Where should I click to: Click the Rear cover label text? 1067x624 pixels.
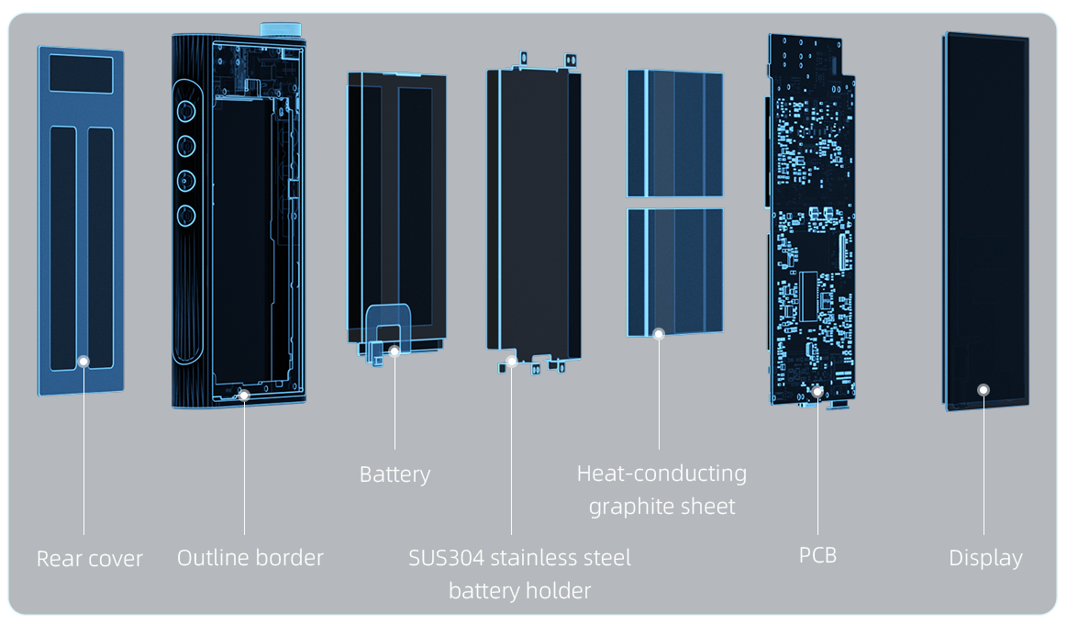[90, 558]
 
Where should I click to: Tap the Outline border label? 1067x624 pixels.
[250, 557]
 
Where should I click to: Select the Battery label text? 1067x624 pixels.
[395, 474]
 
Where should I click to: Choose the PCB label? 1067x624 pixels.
[817, 555]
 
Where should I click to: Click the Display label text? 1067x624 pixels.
[985, 558]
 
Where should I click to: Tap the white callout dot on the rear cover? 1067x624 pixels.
[83, 362]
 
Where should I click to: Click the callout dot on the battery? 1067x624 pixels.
[395, 351]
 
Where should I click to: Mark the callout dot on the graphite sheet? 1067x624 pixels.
[659, 334]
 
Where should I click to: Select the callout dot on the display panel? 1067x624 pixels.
[984, 389]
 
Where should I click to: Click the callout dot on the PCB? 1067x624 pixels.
[817, 392]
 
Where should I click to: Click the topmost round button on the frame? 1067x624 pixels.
[186, 111]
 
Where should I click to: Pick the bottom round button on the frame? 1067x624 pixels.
[186, 216]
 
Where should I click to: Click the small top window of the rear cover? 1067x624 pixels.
[81, 72]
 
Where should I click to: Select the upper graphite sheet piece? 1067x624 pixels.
[674, 134]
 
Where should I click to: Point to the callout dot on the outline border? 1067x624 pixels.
[244, 396]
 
